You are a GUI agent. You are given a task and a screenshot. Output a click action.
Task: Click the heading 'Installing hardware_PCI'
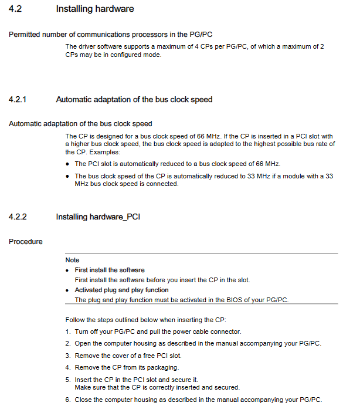point(97,217)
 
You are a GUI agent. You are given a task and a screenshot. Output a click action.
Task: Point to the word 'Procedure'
point(26,241)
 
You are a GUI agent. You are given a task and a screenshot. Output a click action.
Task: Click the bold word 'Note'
point(72,260)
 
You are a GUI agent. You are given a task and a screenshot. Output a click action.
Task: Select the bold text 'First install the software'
point(110,270)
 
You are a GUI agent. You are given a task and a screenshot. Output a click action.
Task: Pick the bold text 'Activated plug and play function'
point(121,290)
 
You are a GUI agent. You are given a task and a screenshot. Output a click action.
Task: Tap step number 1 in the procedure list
point(68,332)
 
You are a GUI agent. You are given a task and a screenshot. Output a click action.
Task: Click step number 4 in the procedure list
point(68,367)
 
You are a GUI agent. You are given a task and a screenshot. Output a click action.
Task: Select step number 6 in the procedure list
point(68,400)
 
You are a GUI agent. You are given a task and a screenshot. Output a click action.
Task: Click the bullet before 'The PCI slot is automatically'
point(68,163)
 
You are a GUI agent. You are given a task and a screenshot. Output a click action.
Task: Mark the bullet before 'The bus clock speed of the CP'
point(68,175)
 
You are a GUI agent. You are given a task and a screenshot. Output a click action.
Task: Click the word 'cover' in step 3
point(113,356)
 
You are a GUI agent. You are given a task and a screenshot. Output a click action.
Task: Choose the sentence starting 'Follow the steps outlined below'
point(145,320)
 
